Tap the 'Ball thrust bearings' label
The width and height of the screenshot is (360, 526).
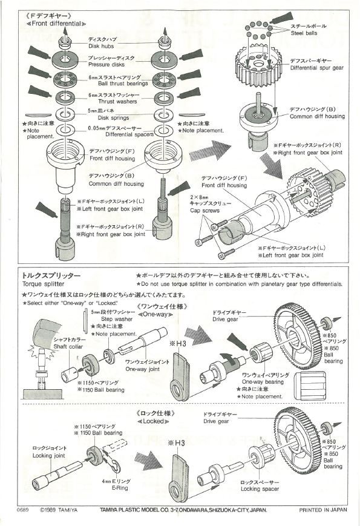pos(114,83)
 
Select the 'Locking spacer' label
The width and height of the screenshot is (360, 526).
pos(241,487)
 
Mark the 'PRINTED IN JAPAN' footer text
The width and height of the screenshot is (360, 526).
pos(324,510)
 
